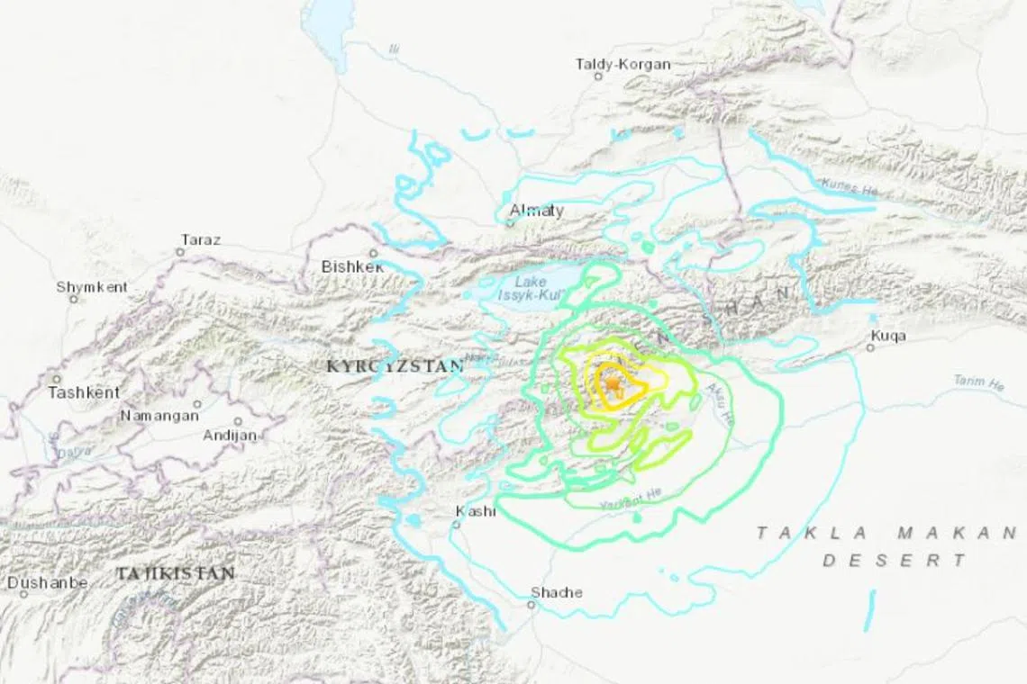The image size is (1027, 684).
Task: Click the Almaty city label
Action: tap(537, 211)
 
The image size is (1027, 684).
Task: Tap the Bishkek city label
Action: tap(352, 267)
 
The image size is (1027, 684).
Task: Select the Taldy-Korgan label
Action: tap(623, 64)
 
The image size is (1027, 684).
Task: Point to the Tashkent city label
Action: tap(84, 392)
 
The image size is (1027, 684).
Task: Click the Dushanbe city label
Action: tap(48, 582)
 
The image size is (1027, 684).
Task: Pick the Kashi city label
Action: tap(476, 511)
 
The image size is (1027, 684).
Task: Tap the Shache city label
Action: tap(556, 592)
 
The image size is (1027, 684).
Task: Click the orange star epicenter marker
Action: tap(613, 385)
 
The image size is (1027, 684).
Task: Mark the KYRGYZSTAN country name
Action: tap(395, 366)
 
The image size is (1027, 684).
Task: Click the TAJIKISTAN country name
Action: tap(175, 572)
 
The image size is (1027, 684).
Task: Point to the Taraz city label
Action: tap(200, 239)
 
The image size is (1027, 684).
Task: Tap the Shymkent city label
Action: tap(92, 287)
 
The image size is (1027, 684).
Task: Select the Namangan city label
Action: tap(159, 416)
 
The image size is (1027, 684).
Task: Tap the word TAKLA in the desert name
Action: tap(795, 533)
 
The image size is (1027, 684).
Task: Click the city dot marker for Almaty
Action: tap(510, 222)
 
